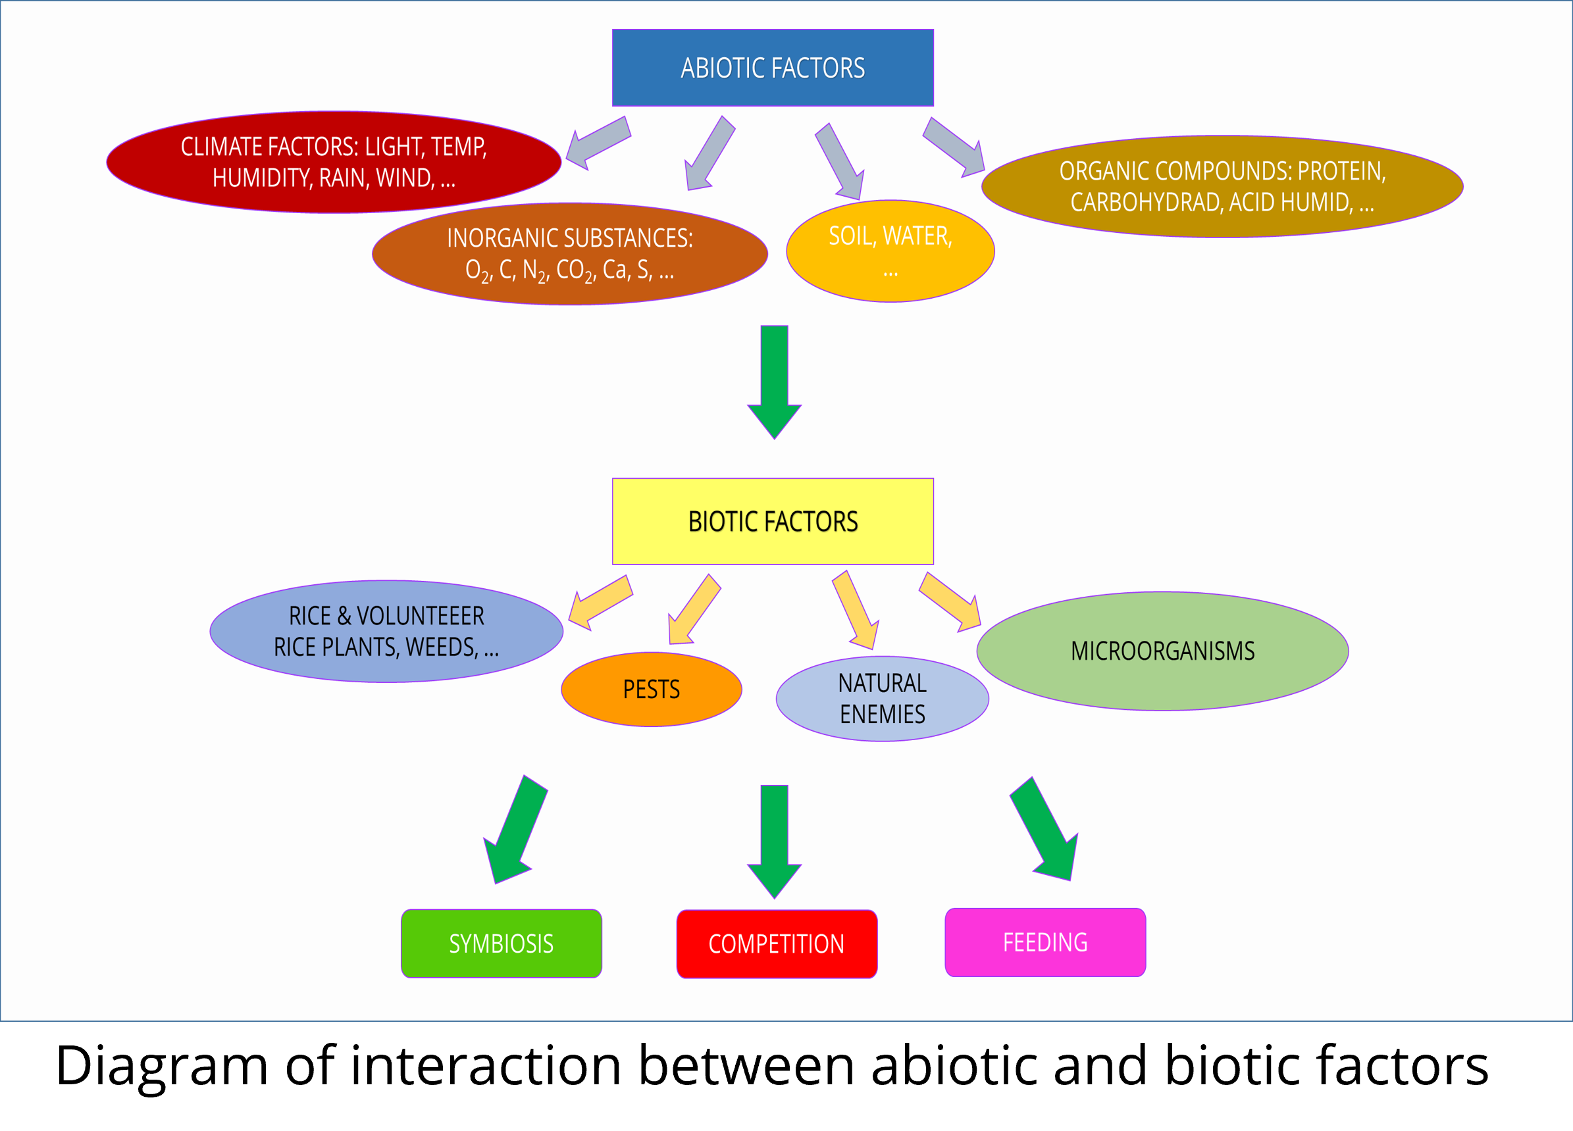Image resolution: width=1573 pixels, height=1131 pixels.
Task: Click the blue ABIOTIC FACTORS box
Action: (x=773, y=68)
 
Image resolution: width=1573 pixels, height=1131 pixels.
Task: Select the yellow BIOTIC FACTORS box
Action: (x=773, y=522)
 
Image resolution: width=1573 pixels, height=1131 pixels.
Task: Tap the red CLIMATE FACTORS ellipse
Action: (x=334, y=163)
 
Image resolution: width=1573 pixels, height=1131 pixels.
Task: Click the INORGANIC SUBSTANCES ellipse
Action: (x=569, y=254)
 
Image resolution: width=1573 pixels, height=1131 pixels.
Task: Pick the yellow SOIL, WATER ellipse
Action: (x=890, y=251)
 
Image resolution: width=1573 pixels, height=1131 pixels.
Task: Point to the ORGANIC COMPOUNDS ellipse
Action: (x=1222, y=187)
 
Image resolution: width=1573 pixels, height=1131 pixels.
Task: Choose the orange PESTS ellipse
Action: (x=652, y=690)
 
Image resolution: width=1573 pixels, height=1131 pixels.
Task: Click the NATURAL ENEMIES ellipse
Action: (x=882, y=699)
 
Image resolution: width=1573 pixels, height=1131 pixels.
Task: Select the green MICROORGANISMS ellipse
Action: (x=1162, y=651)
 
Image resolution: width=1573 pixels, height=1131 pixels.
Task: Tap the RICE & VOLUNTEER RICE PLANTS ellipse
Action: (x=386, y=632)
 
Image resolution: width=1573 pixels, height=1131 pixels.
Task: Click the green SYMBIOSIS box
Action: (x=502, y=943)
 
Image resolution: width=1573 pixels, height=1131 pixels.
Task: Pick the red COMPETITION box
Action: (x=777, y=943)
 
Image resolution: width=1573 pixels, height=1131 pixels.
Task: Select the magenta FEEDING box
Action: (x=1045, y=942)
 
